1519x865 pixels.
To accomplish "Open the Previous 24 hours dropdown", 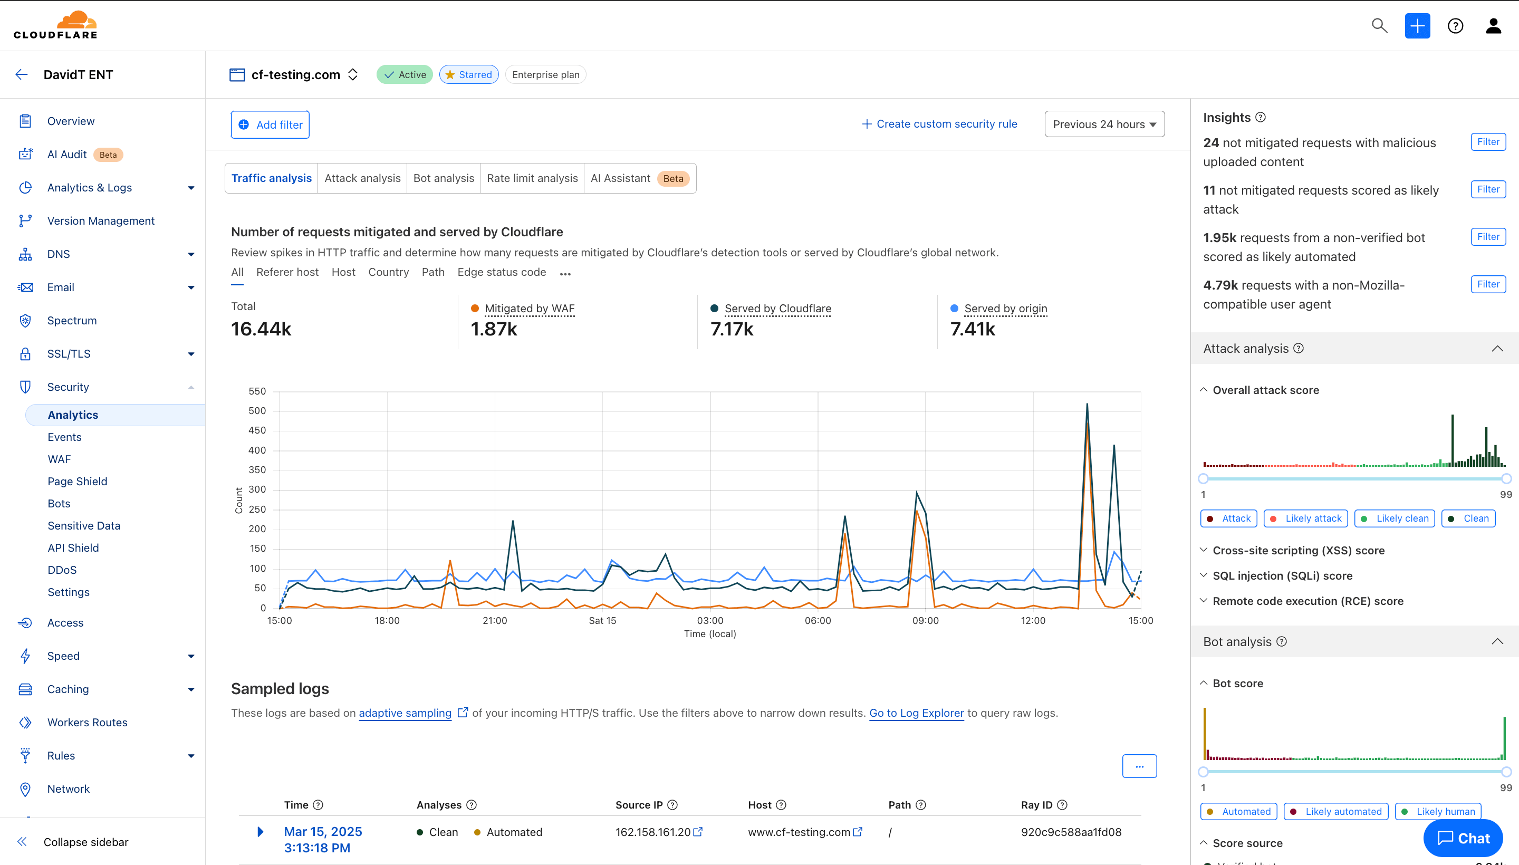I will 1104,124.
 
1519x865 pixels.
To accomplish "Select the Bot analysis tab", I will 443,178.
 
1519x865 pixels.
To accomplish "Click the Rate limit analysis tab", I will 532,178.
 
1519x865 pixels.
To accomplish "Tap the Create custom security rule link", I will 939,124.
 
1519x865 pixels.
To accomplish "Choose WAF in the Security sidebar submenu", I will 60,459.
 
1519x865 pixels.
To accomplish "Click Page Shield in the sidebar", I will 77,481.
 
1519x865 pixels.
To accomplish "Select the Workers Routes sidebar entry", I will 88,723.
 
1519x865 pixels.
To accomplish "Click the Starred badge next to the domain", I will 469,75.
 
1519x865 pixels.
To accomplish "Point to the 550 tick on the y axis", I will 257,391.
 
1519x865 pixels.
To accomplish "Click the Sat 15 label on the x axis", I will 602,621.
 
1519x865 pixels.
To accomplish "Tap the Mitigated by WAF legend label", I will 530,309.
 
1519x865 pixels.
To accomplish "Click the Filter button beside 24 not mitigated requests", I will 1488,142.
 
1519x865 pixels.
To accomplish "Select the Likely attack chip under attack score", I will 1306,518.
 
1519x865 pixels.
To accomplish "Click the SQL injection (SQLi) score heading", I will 1282,575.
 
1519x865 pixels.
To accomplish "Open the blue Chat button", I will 1463,838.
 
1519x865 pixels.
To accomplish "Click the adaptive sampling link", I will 405,713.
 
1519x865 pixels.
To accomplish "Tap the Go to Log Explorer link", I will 916,713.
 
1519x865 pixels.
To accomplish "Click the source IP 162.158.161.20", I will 653,832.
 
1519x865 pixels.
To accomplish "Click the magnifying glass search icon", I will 1379,25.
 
